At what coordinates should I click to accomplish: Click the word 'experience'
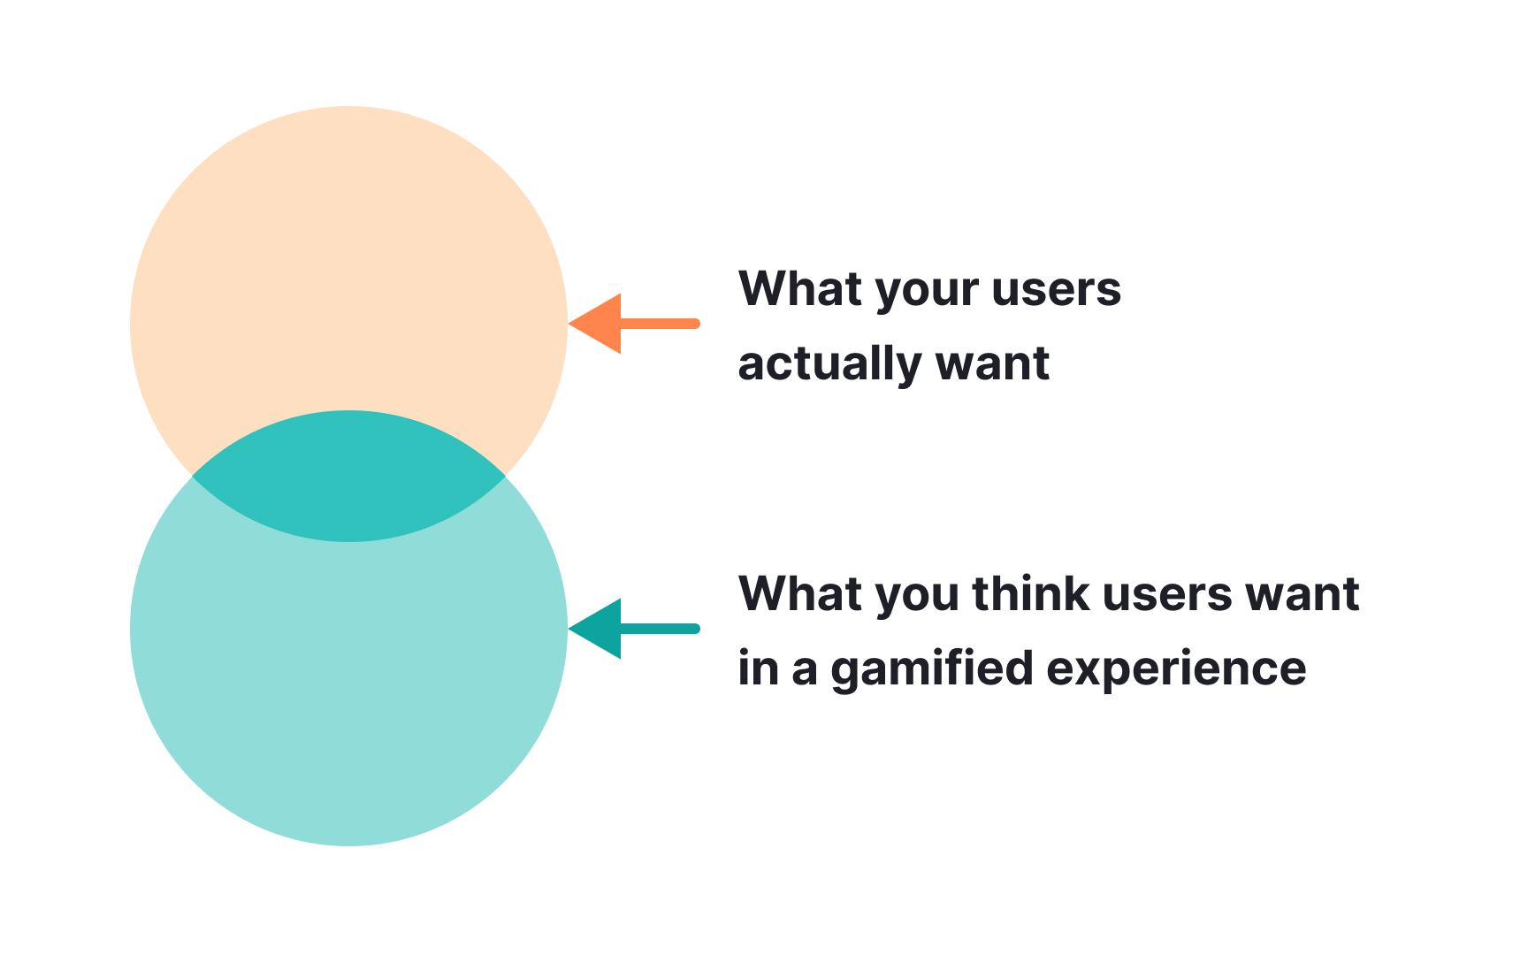[1176, 669]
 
